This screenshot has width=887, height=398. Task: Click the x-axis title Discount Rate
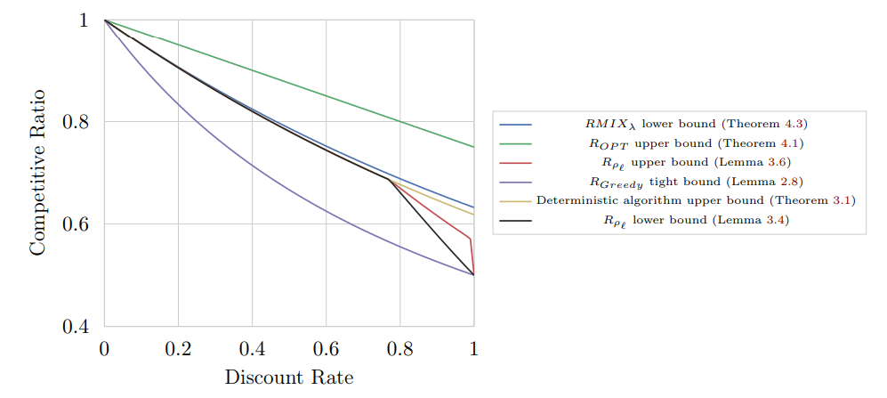point(289,378)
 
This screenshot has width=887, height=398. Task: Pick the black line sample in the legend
point(516,220)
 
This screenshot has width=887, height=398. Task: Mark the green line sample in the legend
point(516,143)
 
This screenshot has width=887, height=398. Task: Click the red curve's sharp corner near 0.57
point(470,239)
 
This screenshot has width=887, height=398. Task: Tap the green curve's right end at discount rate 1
point(473,147)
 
